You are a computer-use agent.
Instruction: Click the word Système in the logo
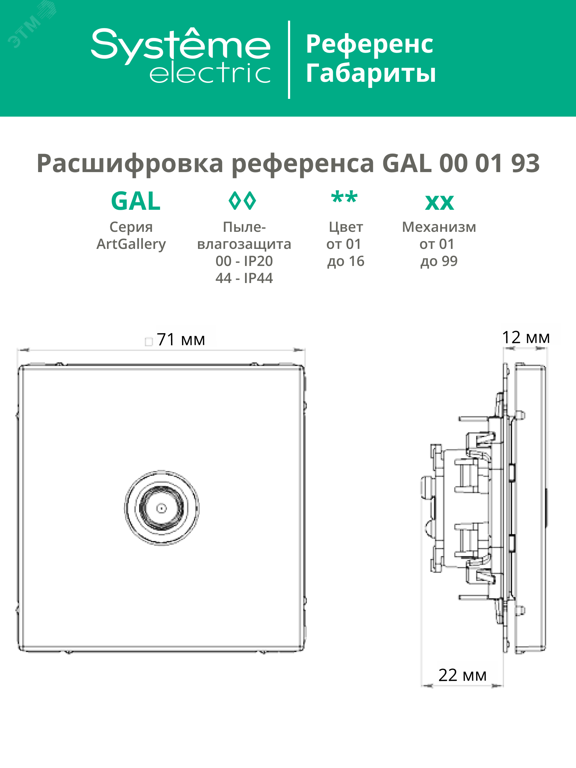181,44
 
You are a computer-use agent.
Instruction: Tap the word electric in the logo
210,74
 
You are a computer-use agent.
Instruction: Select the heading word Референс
369,44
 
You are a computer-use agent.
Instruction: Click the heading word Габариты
371,73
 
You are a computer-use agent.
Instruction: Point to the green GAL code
136,201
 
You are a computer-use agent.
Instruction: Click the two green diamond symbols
242,201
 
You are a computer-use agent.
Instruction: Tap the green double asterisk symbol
344,198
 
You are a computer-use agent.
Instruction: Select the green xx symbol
439,203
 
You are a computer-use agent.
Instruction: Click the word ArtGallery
131,244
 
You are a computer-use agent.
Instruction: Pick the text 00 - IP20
244,261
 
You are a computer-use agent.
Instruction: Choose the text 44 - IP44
244,278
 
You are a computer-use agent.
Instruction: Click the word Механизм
439,227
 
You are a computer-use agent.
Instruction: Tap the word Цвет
346,227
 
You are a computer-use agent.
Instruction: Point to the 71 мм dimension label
181,340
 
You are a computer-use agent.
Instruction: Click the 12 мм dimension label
526,337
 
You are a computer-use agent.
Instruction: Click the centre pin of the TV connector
162,508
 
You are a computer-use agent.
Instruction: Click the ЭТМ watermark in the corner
27,30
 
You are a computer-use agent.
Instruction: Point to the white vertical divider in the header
289,59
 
